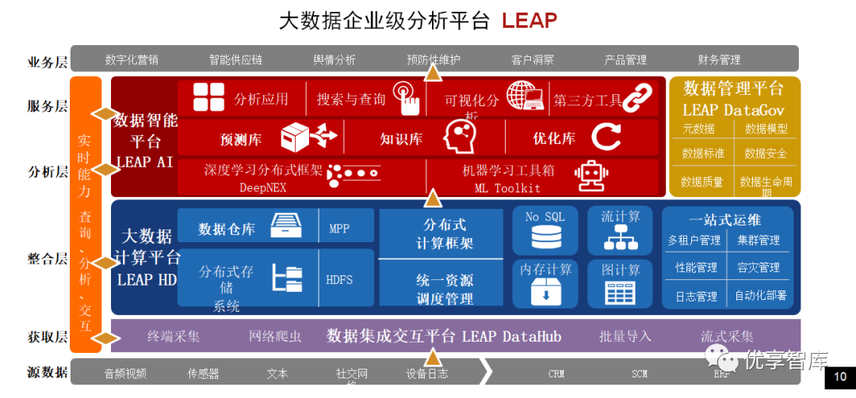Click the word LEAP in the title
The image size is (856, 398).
point(529,20)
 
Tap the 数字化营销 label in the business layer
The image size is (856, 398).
point(131,59)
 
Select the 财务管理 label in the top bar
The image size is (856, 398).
point(719,59)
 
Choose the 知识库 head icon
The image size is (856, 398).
point(458,138)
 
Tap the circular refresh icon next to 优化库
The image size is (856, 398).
point(606,138)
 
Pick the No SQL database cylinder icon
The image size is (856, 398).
point(545,238)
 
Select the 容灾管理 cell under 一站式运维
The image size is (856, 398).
point(758,268)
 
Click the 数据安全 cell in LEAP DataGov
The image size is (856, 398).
point(766,154)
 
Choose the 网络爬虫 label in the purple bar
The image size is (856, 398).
point(275,336)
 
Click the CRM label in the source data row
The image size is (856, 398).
point(556,373)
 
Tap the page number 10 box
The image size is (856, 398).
point(840,377)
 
